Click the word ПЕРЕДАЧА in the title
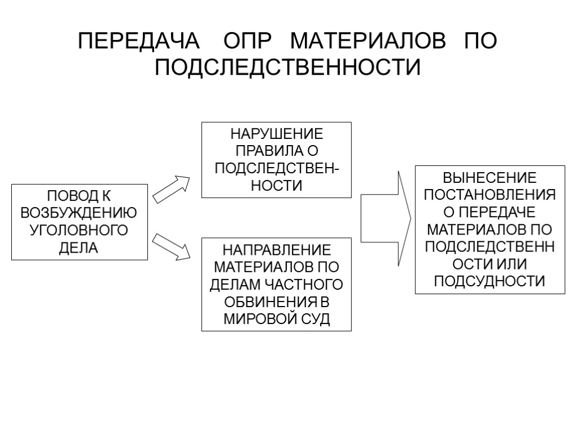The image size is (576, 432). tap(138, 42)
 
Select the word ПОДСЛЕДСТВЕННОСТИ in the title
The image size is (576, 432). tap(287, 68)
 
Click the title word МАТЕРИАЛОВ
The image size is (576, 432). tap(367, 42)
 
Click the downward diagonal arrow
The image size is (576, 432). tap(172, 247)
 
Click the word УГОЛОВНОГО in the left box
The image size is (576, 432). tap(79, 230)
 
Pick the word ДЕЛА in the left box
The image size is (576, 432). tap(79, 247)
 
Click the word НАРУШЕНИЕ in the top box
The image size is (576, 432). tap(276, 135)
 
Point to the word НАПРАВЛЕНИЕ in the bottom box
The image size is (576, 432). tap(276, 250)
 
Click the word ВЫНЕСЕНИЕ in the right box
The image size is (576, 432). tap(490, 178)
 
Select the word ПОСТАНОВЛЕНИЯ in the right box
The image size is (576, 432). tap(490, 195)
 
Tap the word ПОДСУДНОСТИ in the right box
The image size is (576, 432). tap(490, 281)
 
